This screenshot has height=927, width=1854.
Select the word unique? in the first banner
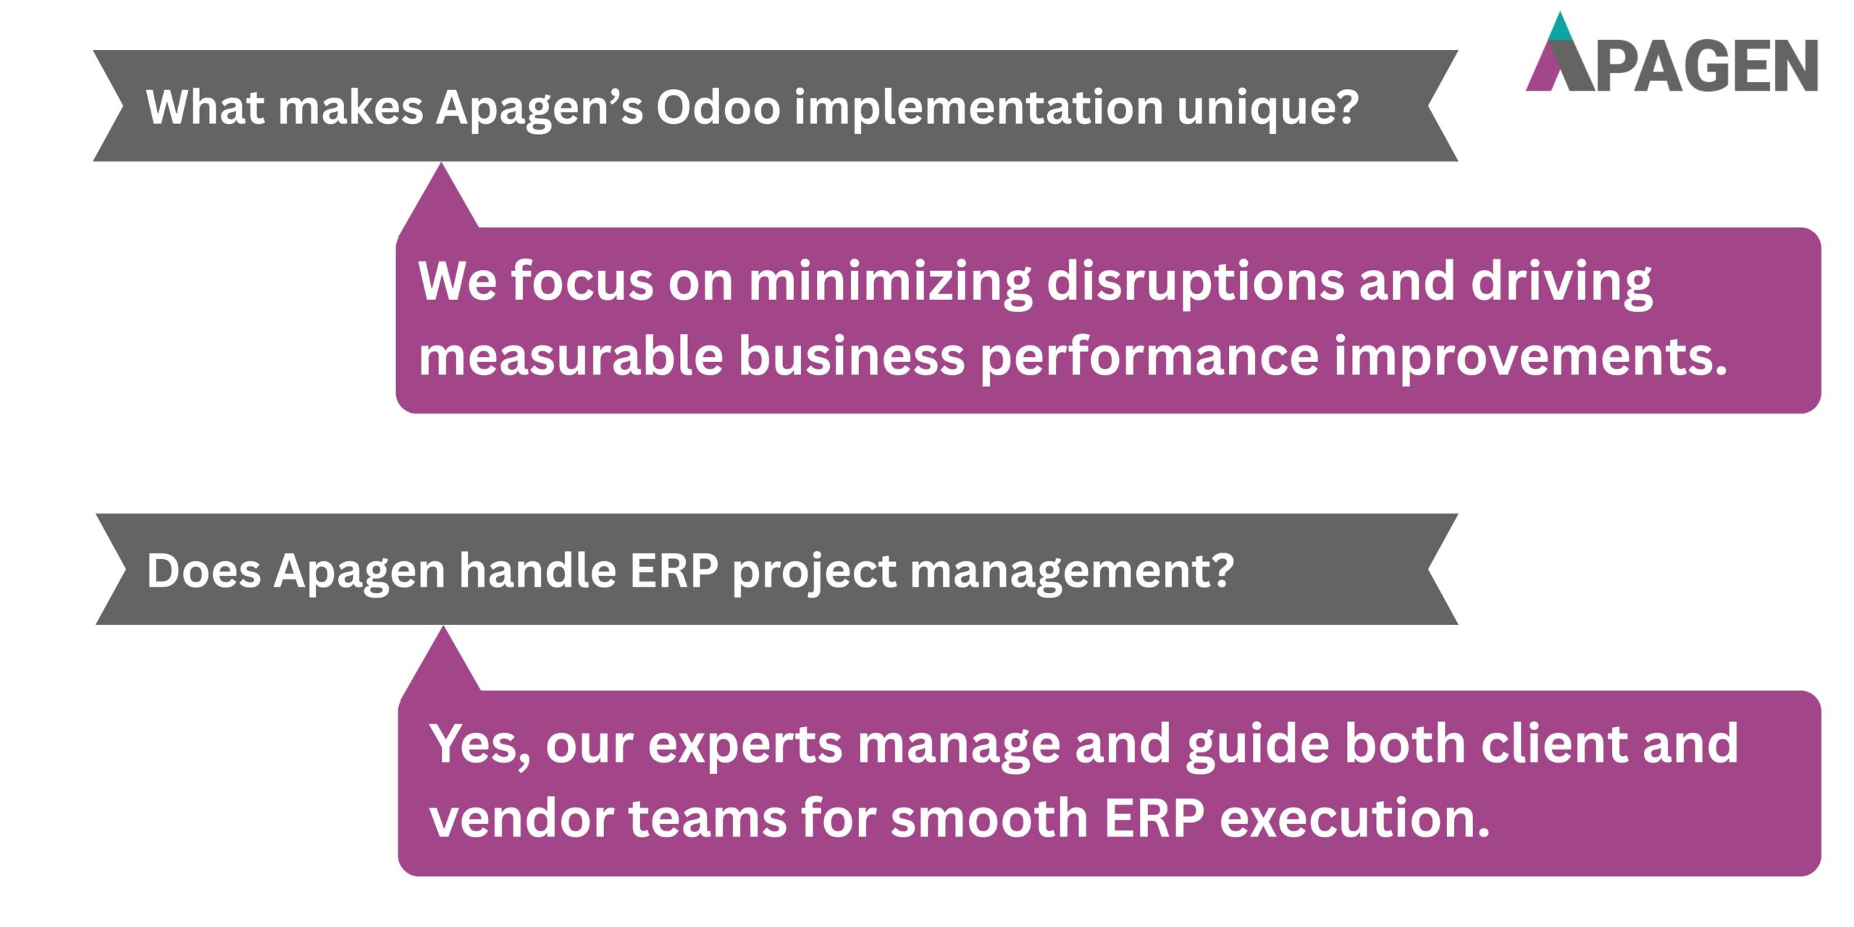(x=1267, y=109)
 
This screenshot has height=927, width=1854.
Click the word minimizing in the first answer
(x=890, y=282)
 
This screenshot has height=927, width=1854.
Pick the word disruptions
(x=1195, y=282)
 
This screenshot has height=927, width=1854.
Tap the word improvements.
(x=1530, y=357)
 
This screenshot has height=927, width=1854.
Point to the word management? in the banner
(x=1071, y=572)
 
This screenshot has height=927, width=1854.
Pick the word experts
(x=745, y=747)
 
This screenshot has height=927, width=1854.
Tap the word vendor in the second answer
(x=521, y=818)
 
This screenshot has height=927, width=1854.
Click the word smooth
(x=989, y=818)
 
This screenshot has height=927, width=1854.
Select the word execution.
(x=1354, y=818)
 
